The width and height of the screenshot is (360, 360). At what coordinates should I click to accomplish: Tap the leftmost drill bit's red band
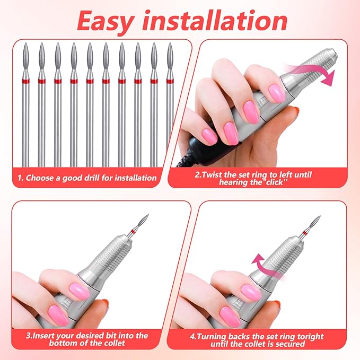(26, 81)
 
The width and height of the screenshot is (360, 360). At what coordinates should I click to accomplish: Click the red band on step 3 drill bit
(136, 231)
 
